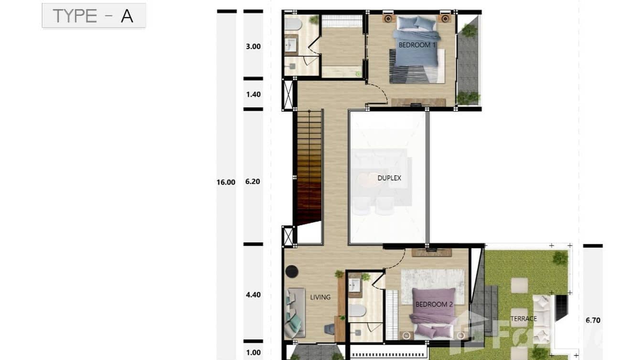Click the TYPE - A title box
94,16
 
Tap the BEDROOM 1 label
417,45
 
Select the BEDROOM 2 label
434,304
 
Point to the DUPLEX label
389,178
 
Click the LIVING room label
320,297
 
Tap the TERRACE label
523,318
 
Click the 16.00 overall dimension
226,182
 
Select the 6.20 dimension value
253,182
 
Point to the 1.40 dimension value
253,94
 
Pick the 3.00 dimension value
253,46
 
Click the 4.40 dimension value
253,295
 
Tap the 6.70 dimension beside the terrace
593,320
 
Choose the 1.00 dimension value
253,353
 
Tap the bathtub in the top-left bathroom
291,24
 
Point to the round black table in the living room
291,271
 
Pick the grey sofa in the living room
294,313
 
